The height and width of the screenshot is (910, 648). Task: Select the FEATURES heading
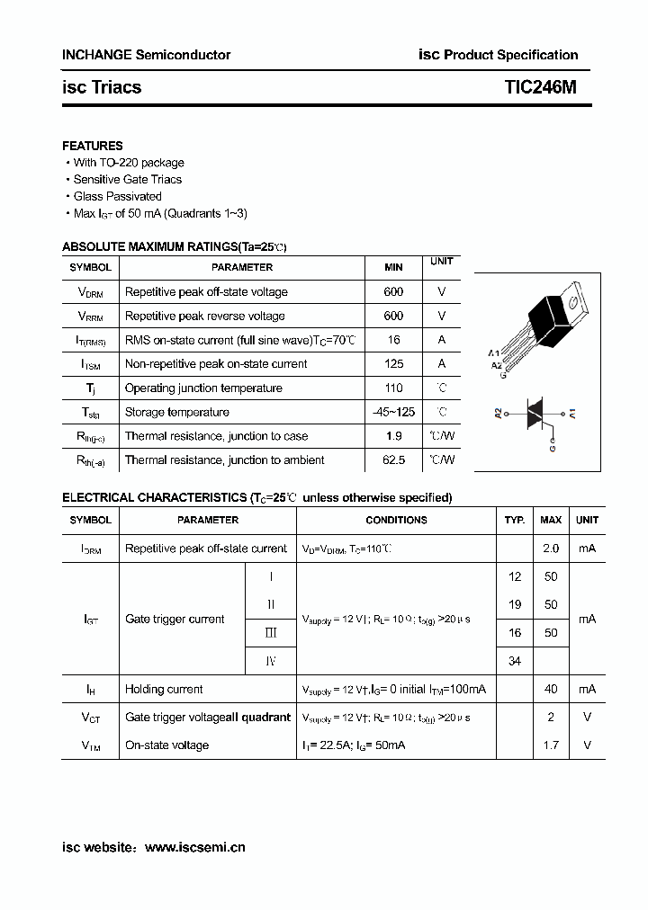(93, 146)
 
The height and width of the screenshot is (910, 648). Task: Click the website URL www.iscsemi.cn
(194, 847)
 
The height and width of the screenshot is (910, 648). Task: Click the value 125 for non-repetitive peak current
(393, 364)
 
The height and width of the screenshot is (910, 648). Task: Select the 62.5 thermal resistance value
(393, 460)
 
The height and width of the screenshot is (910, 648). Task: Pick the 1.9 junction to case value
(393, 436)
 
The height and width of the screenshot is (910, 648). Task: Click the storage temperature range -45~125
(393, 412)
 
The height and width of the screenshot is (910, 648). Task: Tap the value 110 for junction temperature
(393, 388)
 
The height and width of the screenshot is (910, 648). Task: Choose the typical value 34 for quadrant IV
(515, 661)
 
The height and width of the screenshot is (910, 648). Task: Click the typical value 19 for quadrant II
(515, 605)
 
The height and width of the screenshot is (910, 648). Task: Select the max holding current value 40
(551, 690)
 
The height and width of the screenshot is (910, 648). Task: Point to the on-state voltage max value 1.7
(551, 745)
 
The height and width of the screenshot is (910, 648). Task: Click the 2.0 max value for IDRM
(551, 549)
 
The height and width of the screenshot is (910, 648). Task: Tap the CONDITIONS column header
(396, 520)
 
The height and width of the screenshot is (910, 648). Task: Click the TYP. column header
(515, 520)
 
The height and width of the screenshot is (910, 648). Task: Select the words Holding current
(164, 690)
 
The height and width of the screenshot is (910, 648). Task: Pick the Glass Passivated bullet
(117, 196)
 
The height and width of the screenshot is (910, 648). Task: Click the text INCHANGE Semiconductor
(146, 55)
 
